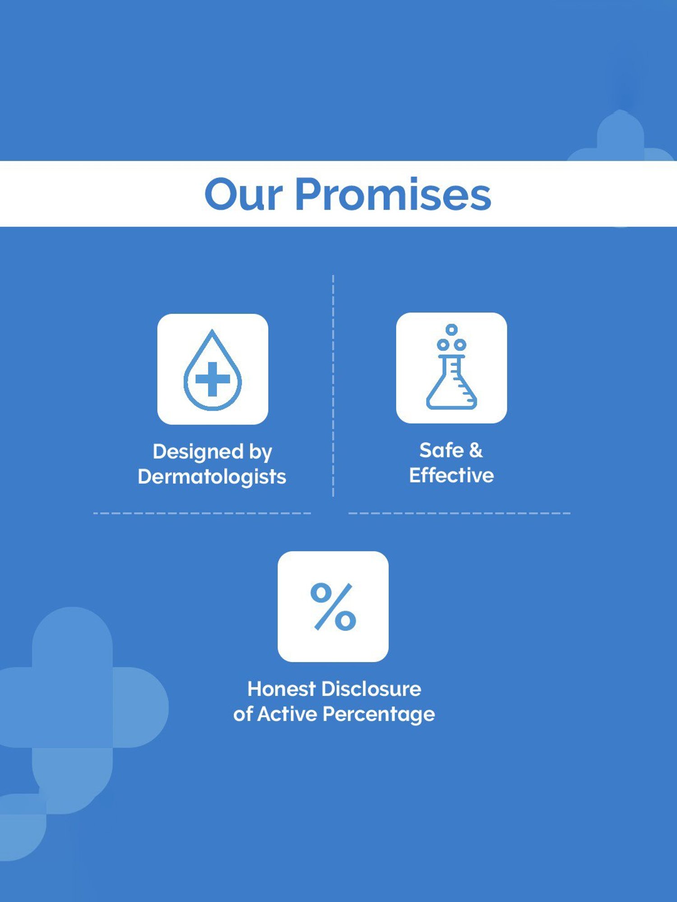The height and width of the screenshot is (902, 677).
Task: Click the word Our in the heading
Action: (x=243, y=194)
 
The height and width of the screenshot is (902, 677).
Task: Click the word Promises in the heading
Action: (x=393, y=194)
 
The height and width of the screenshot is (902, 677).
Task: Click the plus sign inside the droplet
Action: (x=213, y=379)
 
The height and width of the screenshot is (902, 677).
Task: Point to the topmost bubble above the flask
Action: (x=451, y=330)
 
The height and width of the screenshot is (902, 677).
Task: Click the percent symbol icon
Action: (x=333, y=607)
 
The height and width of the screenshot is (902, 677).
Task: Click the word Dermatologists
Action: (x=212, y=477)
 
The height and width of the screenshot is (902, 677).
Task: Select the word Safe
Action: (x=441, y=450)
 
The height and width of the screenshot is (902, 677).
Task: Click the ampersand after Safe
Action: (x=476, y=450)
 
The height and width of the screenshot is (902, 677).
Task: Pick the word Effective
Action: (x=451, y=475)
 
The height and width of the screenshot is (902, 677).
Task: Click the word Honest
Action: (x=281, y=689)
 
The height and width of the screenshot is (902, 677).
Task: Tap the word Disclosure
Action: (x=371, y=689)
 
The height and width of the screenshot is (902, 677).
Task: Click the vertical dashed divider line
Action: (x=333, y=386)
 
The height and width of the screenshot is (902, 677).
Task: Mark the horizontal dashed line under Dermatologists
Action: (x=202, y=513)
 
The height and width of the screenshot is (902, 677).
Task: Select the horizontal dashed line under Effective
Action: (x=459, y=513)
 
